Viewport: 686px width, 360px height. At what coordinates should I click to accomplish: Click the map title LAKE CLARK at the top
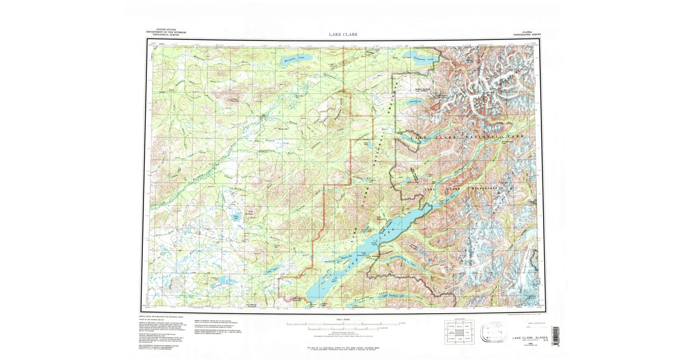pos(344,34)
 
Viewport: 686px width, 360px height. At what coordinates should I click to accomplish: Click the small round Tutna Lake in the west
pos(236,217)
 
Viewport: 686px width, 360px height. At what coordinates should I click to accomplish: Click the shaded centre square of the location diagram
pos(458,332)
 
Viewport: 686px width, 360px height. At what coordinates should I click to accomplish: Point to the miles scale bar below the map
pos(343,324)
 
